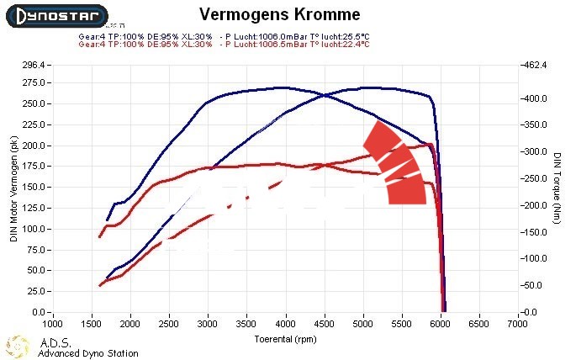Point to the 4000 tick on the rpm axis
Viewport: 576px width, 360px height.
286,322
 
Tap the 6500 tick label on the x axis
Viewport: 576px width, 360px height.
480,322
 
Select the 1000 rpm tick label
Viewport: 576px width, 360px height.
53,322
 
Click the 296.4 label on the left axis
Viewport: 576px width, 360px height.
34,65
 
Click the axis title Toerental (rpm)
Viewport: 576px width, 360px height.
286,339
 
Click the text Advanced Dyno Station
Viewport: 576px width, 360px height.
88,353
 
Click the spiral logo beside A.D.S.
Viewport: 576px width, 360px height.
19,345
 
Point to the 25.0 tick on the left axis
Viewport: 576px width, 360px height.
36,291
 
